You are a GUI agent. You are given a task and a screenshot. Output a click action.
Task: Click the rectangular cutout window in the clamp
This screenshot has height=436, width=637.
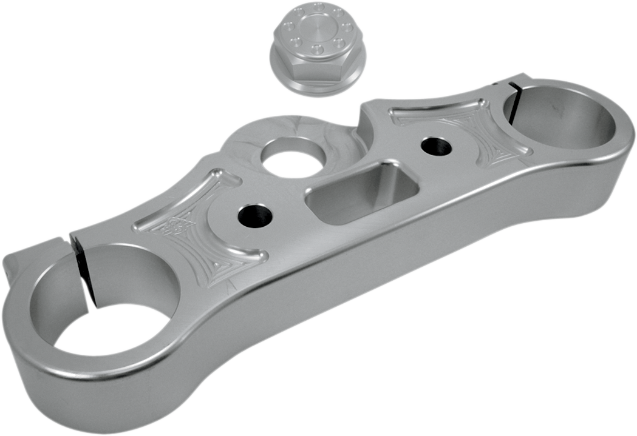pyautogui.click(x=362, y=192)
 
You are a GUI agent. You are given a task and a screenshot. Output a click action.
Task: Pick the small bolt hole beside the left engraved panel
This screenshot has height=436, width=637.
pyautogui.click(x=255, y=215)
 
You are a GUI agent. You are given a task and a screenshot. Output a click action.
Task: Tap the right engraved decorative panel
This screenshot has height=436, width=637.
pyautogui.click(x=468, y=130)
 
